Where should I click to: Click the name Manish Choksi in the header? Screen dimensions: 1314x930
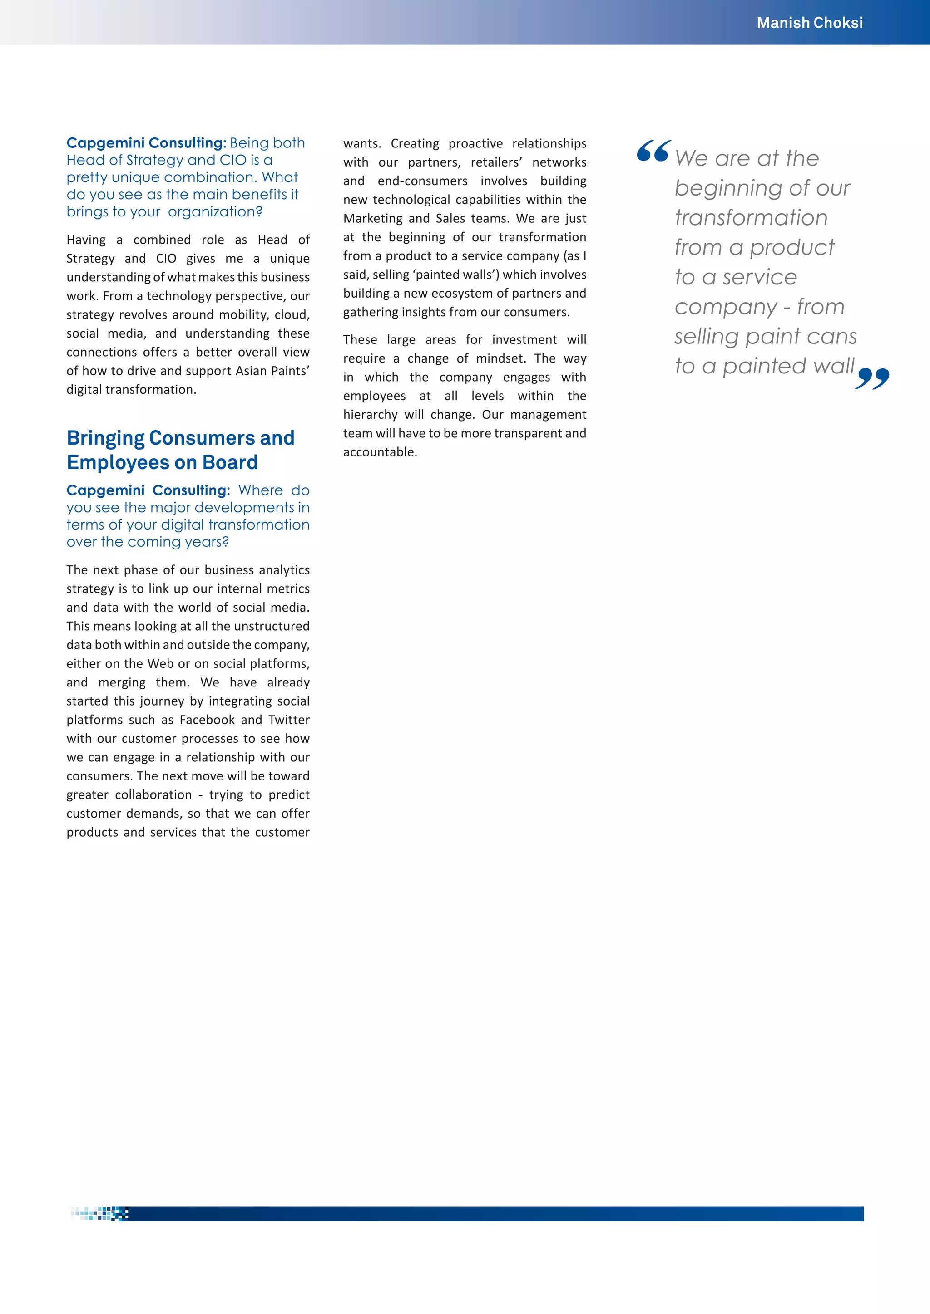click(809, 23)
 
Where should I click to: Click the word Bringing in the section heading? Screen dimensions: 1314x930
click(105, 438)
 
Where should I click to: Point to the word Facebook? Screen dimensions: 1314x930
click(208, 720)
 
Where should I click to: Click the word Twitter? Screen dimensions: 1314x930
click(289, 720)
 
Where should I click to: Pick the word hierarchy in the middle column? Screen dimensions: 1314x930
click(370, 415)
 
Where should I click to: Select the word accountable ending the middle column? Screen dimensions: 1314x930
click(379, 452)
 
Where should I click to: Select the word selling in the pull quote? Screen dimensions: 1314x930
click(706, 337)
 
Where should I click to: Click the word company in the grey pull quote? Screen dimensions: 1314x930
click(726, 307)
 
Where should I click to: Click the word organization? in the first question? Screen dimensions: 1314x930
click(215, 212)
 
